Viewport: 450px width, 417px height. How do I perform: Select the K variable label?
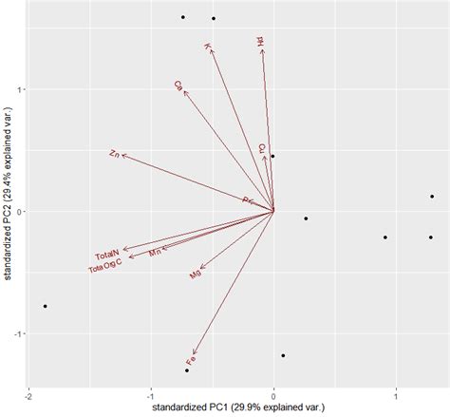coord(207,47)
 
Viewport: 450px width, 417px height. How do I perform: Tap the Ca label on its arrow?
coord(178,85)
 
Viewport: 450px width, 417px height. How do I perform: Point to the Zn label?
coord(114,153)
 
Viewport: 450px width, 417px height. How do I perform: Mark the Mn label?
coord(156,253)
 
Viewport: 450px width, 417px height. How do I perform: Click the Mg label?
coord(196,275)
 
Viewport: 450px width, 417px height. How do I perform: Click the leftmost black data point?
coord(45,306)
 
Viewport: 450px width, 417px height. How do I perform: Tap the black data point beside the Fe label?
coord(187,370)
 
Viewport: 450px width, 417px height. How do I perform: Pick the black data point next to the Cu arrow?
coord(272,156)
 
